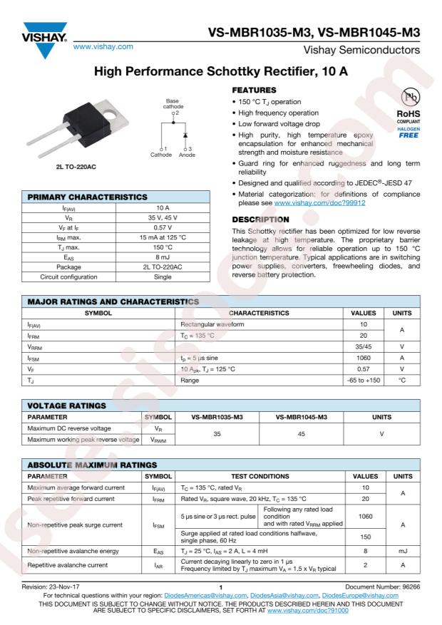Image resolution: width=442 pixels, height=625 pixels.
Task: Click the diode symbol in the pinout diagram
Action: click(186, 135)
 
